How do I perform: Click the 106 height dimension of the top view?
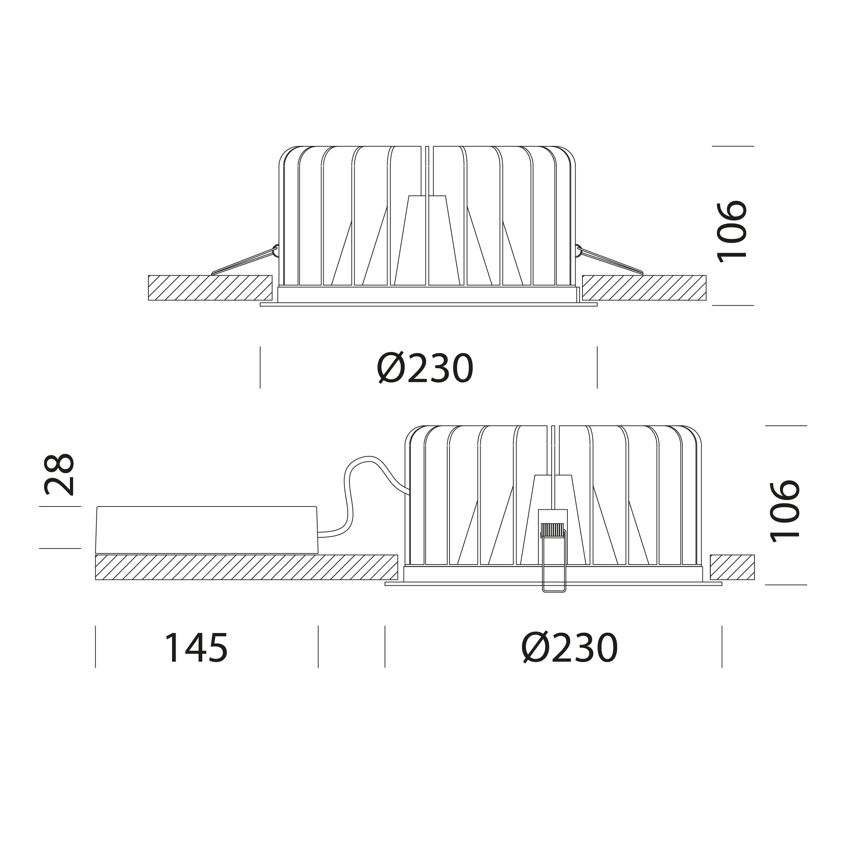click(x=732, y=232)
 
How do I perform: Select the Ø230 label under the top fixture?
click(x=425, y=368)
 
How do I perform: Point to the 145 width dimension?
click(x=196, y=648)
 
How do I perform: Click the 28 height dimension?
click(x=59, y=474)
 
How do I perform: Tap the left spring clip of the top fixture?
click(x=244, y=261)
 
